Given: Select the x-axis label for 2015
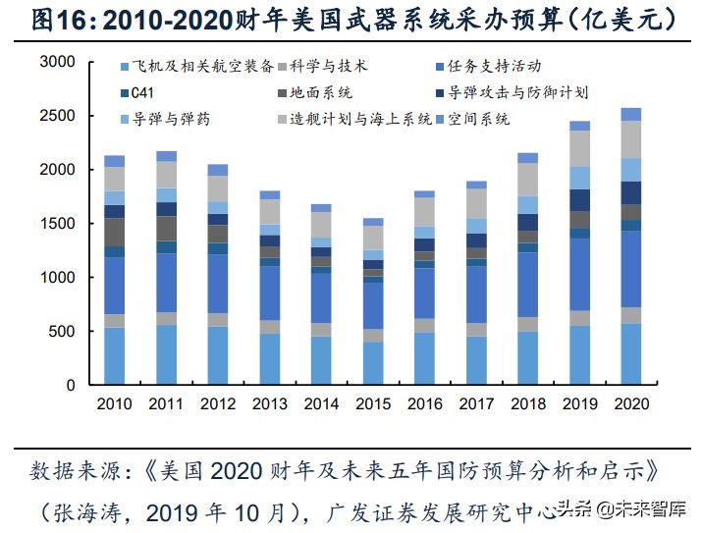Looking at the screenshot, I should [373, 404].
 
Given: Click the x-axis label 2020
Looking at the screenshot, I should [631, 404].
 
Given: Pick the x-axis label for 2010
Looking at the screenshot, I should [115, 404].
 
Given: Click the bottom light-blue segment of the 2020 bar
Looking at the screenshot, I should [631, 354].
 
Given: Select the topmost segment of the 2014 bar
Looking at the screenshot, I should [321, 208].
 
